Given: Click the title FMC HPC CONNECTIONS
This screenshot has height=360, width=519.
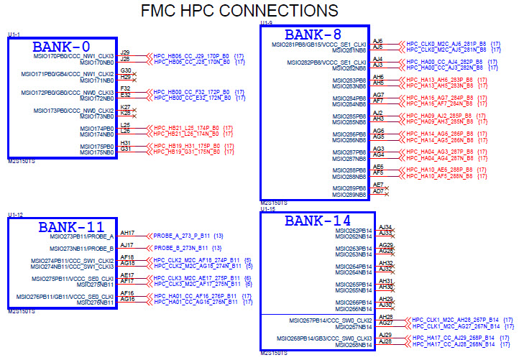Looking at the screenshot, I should click(239, 11).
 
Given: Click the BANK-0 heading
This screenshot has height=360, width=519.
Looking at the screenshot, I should click(62, 46).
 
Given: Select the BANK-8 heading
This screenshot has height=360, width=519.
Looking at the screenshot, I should click(313, 34).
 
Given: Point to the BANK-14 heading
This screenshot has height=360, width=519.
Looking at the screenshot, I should click(317, 221).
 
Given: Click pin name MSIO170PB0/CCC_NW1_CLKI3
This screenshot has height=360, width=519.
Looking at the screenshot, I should click(73, 56).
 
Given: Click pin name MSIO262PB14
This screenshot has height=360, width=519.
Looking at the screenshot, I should click(354, 231).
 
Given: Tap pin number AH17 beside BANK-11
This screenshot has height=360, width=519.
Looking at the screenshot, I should click(127, 233).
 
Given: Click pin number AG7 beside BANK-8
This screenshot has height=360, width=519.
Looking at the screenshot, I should click(379, 95).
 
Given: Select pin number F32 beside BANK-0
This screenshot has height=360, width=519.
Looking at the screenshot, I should click(125, 88).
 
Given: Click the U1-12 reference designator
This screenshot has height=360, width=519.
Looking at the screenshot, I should click(16, 215).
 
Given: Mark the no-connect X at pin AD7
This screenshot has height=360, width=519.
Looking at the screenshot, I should click(387, 191).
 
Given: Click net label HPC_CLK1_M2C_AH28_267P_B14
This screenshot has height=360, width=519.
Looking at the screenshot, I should click(456, 319).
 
